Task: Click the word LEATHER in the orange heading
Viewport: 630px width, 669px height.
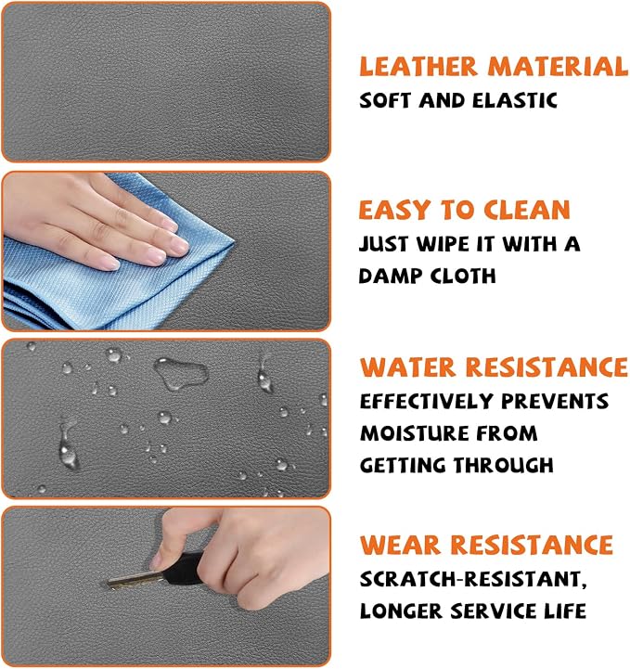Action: (418, 67)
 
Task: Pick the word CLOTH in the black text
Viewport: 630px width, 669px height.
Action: (463, 277)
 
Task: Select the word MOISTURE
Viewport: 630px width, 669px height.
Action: (413, 433)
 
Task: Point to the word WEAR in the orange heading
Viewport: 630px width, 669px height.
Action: (400, 545)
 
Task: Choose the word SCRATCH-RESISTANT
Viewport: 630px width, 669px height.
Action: (472, 580)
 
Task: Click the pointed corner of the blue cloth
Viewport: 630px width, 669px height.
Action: (233, 242)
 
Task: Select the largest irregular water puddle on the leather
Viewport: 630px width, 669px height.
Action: (180, 373)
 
